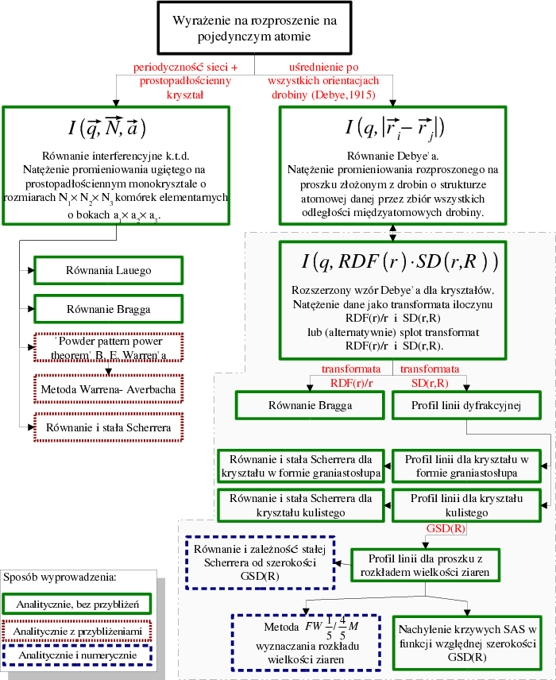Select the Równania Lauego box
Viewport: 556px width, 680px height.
(x=108, y=270)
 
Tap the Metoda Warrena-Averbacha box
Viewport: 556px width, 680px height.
(x=108, y=390)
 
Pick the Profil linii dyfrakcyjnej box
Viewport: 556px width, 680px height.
(x=465, y=406)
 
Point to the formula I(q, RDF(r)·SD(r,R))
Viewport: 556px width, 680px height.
(x=388, y=261)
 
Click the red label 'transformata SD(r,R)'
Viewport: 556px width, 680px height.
(x=429, y=376)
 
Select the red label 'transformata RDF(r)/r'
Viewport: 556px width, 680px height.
(x=350, y=376)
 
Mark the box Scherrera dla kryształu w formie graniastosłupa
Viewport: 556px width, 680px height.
(x=300, y=466)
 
